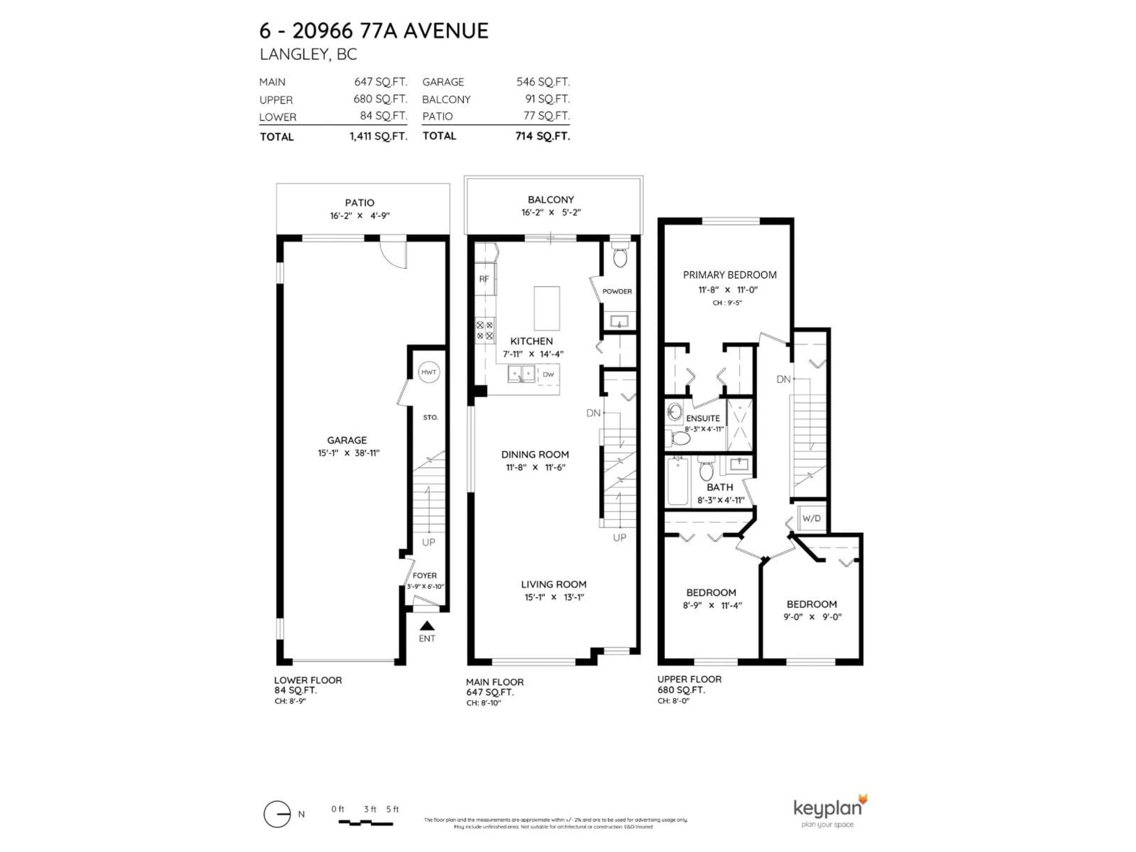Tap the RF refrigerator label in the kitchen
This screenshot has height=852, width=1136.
click(x=484, y=279)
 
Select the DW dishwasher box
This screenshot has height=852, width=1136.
click(x=548, y=375)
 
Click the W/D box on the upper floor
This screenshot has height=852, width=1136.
click(x=811, y=518)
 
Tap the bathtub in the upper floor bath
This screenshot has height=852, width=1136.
click(x=677, y=481)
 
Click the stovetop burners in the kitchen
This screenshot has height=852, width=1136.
click(x=484, y=330)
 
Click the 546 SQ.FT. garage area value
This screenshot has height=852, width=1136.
click(x=543, y=82)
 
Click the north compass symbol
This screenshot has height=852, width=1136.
click(x=277, y=814)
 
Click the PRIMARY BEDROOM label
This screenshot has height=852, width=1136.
click(x=729, y=275)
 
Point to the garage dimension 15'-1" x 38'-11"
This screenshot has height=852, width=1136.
click(x=348, y=453)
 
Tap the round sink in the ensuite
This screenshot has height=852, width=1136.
click(x=675, y=412)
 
